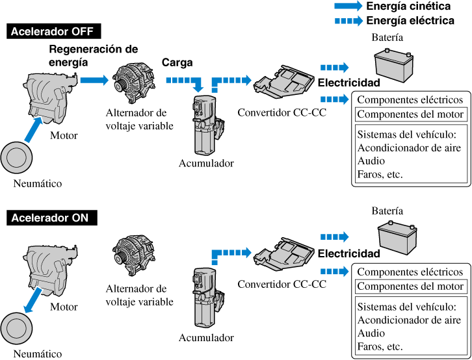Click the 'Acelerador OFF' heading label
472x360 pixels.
[53, 32]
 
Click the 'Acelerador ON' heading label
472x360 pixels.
[50, 218]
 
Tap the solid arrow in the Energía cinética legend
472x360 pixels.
[348, 6]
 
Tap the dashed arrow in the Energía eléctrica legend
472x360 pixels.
[348, 21]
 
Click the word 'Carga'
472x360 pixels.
[177, 64]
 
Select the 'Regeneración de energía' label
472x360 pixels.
[93, 55]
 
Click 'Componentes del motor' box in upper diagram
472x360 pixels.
[410, 114]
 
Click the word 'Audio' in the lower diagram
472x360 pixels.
[371, 333]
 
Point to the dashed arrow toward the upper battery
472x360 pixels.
[334, 68]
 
